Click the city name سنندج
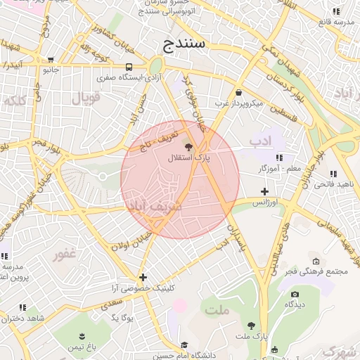pos(184,44)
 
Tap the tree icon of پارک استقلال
pos(188,146)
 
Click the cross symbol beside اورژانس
pos(264,191)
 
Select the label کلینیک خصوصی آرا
pos(143,288)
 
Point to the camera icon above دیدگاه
pos(294,294)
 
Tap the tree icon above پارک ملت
pos(251,325)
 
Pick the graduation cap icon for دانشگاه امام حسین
pos(184,345)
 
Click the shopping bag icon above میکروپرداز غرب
pos(239,92)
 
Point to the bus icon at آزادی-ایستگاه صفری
pos(129,67)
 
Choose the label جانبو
pos(51,70)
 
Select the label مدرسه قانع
pos(335,21)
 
